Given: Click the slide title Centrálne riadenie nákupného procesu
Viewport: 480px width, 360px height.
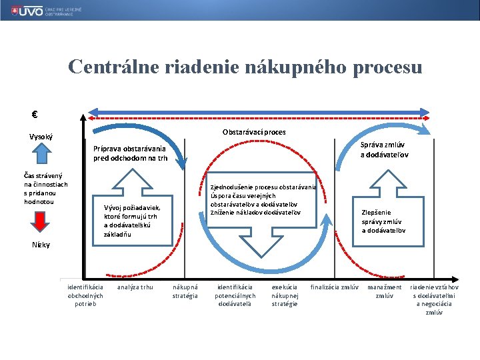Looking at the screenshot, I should coord(245,67).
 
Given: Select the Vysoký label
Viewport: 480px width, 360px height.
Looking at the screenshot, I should coord(41,137).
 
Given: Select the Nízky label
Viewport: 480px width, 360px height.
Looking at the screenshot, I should coord(41,245).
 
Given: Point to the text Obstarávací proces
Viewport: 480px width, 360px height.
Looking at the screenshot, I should coord(254,132).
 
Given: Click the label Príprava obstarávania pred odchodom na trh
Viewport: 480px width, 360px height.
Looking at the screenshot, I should coord(130,153).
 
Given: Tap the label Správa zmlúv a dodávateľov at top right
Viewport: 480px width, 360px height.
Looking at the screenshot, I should coord(385,150).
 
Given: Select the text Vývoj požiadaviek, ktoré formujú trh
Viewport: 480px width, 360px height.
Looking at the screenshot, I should coord(132,220).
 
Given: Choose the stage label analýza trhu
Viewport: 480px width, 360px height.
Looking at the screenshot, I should coord(135,287).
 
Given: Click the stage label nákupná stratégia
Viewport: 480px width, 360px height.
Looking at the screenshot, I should coord(185,291).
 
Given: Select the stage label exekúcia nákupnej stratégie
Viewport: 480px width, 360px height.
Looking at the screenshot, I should coord(285,295).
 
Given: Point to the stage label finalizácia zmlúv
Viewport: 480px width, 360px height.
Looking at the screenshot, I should coord(335,287).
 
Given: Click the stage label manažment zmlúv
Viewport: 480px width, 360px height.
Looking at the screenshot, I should coord(385,291).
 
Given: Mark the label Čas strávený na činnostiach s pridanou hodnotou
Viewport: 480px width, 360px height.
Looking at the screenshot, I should coord(46,189).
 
